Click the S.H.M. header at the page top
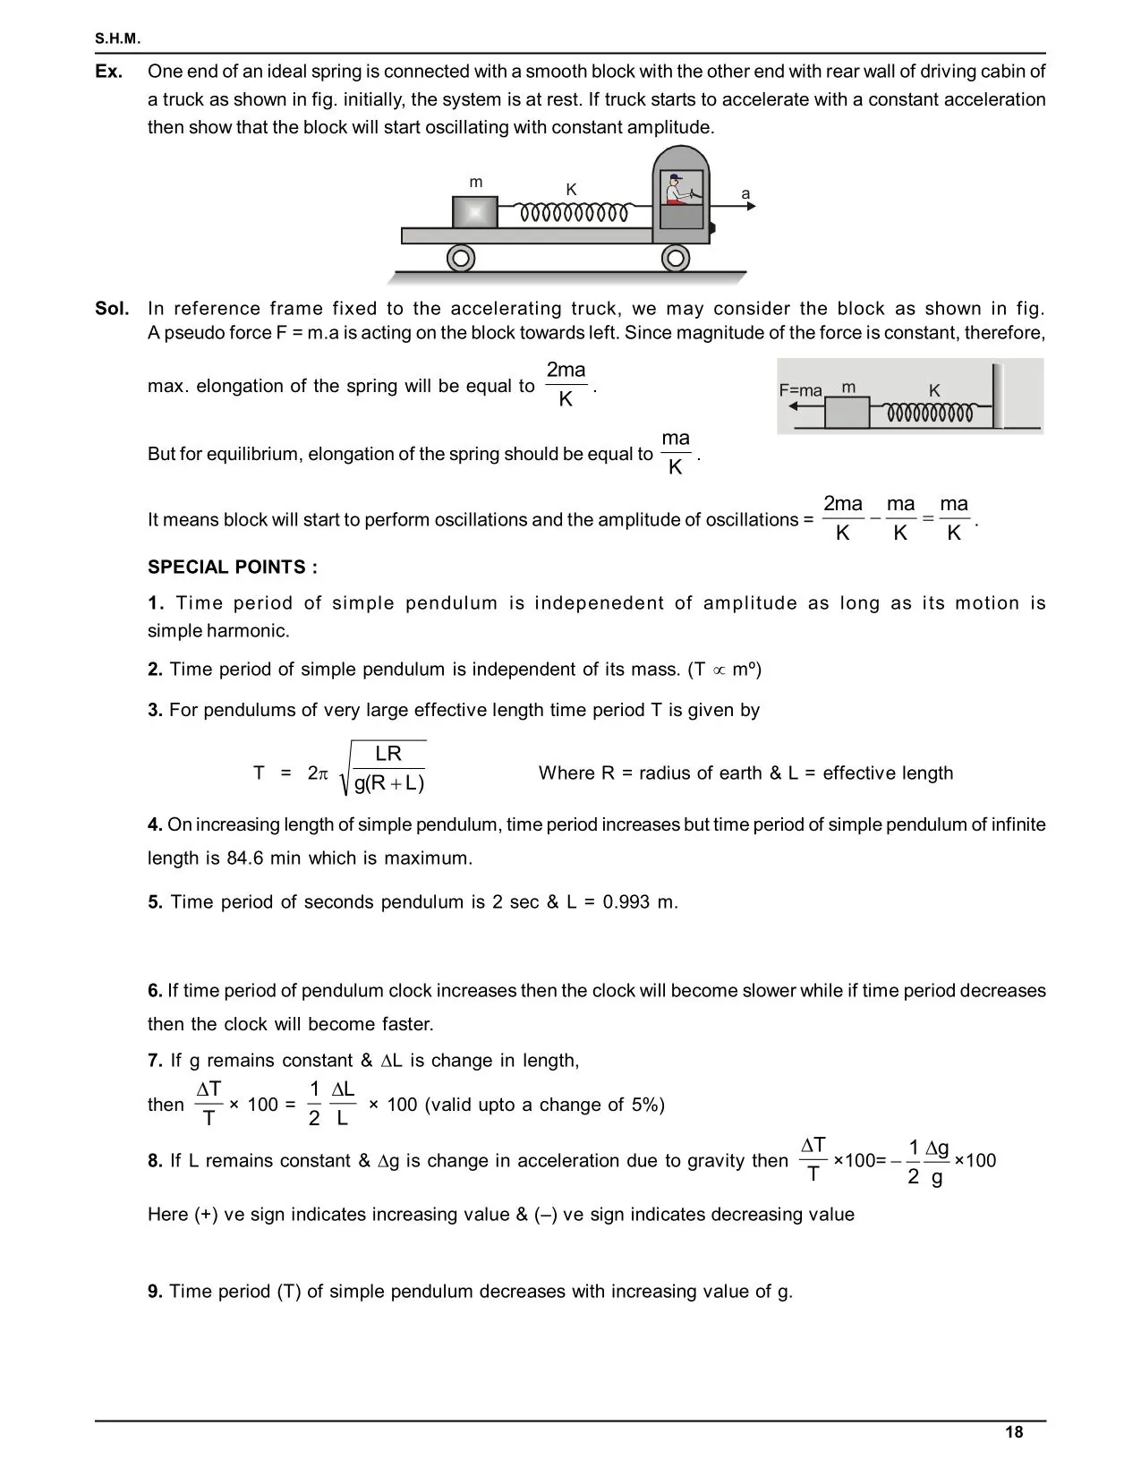click(117, 39)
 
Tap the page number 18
click(1014, 1432)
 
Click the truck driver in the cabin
click(677, 190)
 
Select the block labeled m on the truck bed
click(474, 212)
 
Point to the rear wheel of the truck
click(461, 259)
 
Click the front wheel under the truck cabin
click(676, 259)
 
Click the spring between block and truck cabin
click(576, 213)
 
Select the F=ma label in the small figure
click(800, 390)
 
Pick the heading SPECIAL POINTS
click(233, 567)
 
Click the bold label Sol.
click(112, 309)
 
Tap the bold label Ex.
click(109, 72)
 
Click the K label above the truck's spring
click(571, 190)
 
